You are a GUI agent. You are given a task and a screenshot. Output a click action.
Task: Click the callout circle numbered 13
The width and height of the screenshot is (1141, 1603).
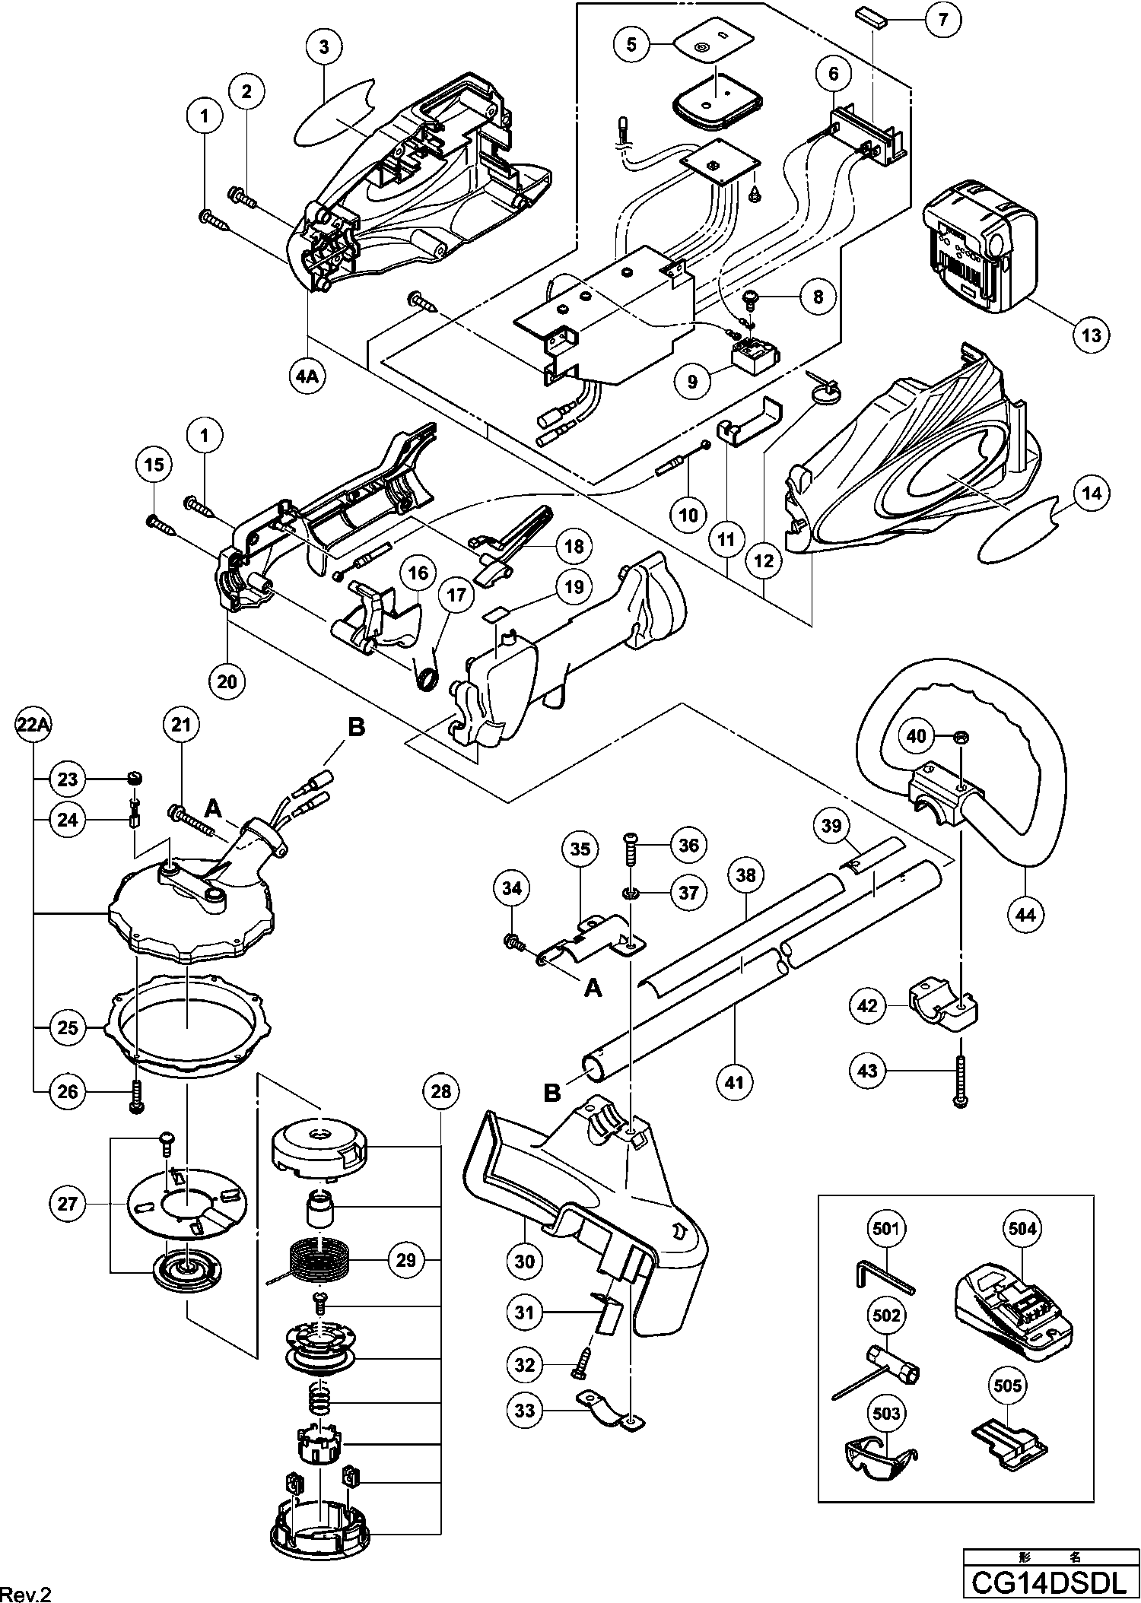click(1092, 335)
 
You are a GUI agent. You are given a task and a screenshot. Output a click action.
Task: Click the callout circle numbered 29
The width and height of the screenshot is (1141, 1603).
click(406, 1260)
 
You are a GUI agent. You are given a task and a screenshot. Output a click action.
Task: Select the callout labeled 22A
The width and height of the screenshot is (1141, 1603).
click(33, 728)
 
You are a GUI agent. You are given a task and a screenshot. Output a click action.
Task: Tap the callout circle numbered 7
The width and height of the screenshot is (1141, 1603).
click(943, 21)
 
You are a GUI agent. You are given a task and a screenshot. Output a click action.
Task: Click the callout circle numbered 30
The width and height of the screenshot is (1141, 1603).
click(525, 1261)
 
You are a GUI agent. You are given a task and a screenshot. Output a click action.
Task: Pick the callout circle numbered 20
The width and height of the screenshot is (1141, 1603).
click(227, 681)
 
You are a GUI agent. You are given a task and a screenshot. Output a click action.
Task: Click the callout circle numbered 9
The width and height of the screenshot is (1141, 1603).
click(692, 381)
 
